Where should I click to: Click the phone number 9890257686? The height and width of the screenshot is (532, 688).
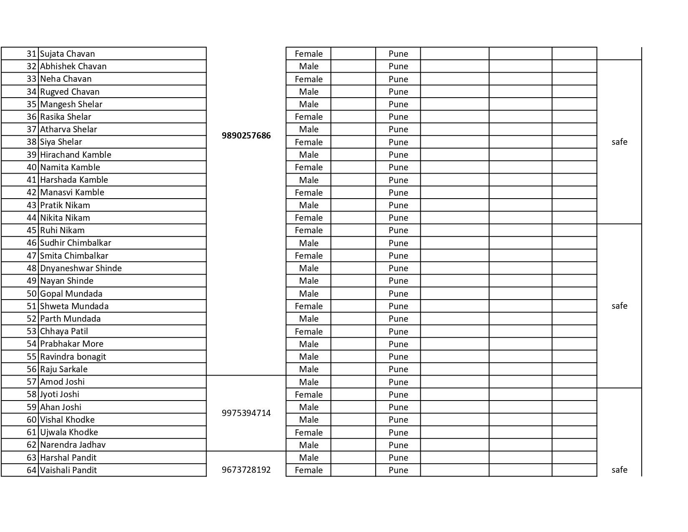point(246,136)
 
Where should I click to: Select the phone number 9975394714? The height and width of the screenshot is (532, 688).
point(246,413)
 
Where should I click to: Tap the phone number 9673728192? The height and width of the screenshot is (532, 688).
point(246,470)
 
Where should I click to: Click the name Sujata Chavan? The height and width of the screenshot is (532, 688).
point(68,54)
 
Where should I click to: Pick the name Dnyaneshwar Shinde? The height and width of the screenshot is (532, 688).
point(81,268)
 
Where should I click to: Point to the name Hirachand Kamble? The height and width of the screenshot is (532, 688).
point(75,155)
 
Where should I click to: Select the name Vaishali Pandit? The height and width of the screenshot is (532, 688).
point(68,470)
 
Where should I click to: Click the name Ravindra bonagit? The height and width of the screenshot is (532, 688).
point(73,357)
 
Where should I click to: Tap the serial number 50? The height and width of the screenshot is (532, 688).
point(32,294)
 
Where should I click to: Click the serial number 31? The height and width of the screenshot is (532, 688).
point(32,54)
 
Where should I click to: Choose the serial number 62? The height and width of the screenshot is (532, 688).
point(32,445)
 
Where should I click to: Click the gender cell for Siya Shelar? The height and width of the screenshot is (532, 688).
point(309,142)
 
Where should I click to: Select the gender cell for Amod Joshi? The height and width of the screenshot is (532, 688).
point(309,382)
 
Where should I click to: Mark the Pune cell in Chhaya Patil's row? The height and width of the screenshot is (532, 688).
point(398,332)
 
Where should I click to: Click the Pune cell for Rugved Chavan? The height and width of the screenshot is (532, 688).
point(398,92)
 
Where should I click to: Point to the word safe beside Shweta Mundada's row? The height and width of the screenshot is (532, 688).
point(619,306)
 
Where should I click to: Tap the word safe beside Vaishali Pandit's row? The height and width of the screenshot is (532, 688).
point(619,470)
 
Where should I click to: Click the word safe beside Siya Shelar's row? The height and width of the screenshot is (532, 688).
point(619,142)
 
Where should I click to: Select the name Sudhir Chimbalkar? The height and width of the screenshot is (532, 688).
point(75,243)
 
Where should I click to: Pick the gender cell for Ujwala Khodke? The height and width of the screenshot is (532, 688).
point(309,433)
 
